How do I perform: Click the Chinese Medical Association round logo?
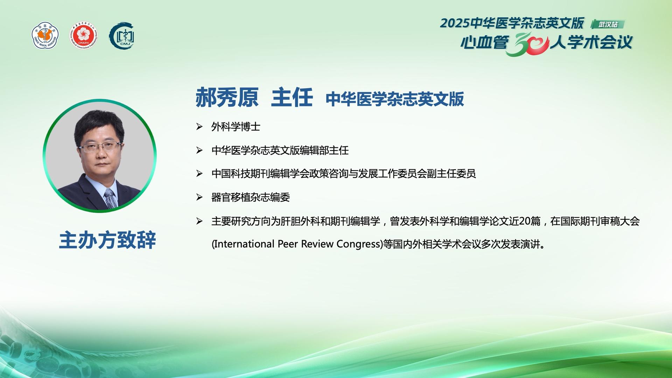pos(45,35)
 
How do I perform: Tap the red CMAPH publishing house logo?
pos(84,36)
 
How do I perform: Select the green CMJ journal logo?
pos(122,36)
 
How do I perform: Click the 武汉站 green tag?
pos(608,24)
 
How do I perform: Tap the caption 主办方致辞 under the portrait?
pos(107,240)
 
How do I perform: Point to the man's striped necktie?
pos(110,198)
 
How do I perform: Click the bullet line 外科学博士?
pos(236,127)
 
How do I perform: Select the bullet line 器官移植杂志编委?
pos(251,197)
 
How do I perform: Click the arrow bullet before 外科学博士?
pos(199,127)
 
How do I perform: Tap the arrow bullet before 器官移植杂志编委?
pos(199,197)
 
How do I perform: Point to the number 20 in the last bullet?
pos(525,221)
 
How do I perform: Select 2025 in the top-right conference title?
pos(455,23)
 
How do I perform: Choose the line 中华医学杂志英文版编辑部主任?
pos(280,150)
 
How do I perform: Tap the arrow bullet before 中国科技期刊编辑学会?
pos(199,174)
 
